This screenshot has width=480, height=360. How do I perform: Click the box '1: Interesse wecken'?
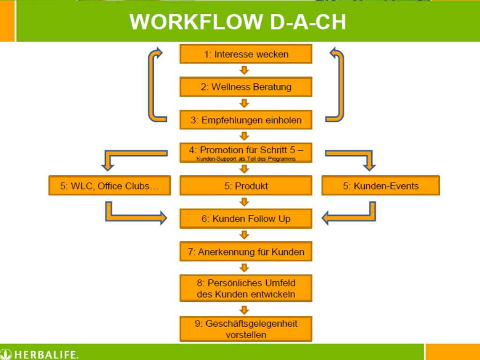246,54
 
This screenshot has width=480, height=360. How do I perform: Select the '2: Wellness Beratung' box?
246,87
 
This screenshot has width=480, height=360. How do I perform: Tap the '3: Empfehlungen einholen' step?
246,120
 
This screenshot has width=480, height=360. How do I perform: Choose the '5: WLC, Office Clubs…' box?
109,186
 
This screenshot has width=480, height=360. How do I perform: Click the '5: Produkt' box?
246,186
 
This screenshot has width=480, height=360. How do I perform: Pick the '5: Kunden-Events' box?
381,186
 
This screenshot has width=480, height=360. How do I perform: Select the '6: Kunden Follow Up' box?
246,219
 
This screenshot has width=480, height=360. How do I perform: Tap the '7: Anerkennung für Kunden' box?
246,252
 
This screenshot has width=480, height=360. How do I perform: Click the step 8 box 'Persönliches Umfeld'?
246,288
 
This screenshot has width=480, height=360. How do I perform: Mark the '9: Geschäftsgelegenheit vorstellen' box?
246,329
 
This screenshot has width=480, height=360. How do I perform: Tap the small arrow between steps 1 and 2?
244,71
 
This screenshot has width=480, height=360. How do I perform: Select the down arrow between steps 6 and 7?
244,235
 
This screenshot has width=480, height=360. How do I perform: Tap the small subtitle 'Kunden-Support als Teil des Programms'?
246,159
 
